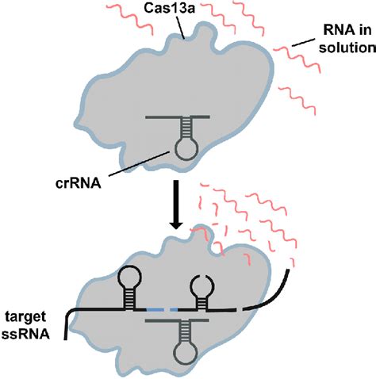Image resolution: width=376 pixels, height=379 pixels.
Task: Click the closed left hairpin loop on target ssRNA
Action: click(x=130, y=279)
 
